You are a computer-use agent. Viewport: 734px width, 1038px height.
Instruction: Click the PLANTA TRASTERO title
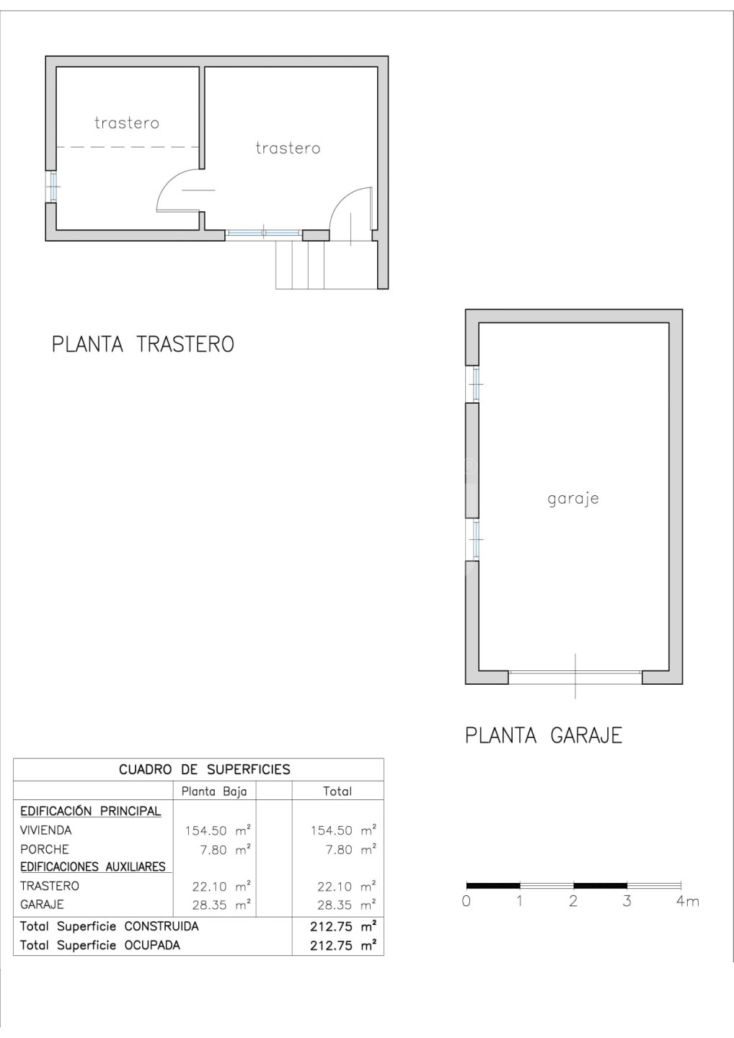[x=143, y=345]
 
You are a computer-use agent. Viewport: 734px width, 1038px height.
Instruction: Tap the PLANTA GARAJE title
[x=544, y=735]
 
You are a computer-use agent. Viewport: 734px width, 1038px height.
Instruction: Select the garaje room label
[x=573, y=500]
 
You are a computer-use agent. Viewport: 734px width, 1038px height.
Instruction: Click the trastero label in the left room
[x=126, y=123]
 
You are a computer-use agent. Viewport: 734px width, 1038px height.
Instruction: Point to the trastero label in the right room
[x=288, y=148]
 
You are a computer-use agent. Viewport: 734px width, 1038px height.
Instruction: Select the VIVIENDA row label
[x=46, y=830]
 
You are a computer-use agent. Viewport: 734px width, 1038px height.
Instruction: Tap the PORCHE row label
[x=45, y=849]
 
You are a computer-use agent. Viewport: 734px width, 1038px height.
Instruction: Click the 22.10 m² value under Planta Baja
[x=221, y=886]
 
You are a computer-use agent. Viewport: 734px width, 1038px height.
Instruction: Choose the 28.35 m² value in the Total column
[x=347, y=905]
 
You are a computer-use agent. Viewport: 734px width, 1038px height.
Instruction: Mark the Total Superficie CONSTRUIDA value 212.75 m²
[x=343, y=926]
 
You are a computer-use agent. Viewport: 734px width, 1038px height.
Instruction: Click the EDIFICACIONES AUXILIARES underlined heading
[x=93, y=866]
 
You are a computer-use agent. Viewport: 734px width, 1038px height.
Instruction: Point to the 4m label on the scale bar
[x=687, y=901]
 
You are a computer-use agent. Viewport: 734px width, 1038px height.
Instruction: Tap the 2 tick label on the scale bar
[x=573, y=901]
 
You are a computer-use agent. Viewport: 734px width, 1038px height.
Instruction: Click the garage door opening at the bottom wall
[x=575, y=678]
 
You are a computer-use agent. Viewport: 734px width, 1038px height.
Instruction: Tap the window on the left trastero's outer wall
[x=53, y=186]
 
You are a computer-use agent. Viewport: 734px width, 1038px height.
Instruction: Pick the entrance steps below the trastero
[x=324, y=265]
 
